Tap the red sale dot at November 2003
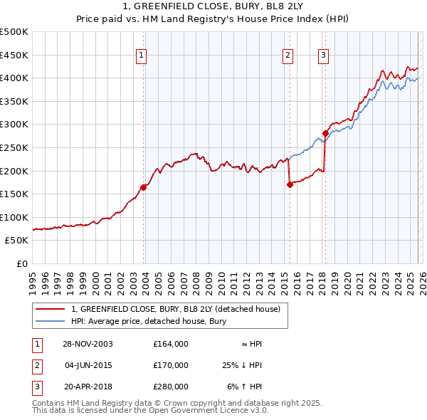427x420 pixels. point(144,187)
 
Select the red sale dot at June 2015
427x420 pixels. point(290,184)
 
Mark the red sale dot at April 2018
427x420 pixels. point(325,133)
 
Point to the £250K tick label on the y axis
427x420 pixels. point(14,147)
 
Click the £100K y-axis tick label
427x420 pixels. point(14,217)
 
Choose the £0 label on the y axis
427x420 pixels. point(22,263)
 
